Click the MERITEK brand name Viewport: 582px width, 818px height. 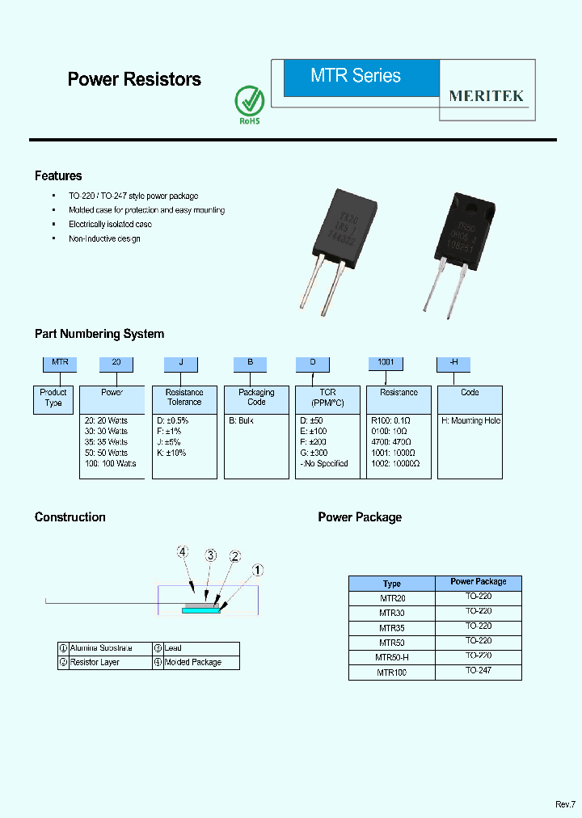[487, 95]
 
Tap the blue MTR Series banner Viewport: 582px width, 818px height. [356, 77]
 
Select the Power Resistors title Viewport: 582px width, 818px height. [134, 79]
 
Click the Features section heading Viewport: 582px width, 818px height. [58, 175]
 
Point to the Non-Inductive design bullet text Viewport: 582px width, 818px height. [104, 239]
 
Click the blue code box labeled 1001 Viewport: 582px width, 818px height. [386, 363]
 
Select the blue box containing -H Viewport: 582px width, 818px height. [453, 363]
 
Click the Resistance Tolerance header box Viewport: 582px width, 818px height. [184, 397]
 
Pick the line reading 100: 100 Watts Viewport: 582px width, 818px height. [110, 464]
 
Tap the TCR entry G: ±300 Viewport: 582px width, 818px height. [318, 453]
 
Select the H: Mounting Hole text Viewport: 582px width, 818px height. [470, 421]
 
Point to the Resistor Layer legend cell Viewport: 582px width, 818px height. [95, 662]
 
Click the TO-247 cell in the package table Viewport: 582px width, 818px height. [478, 671]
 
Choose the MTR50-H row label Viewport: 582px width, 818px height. [392, 656]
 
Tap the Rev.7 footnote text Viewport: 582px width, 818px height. [564, 804]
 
